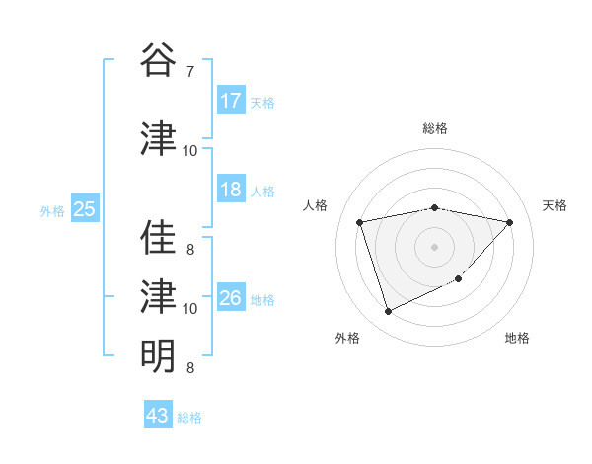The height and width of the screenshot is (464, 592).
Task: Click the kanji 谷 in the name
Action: [x=158, y=60]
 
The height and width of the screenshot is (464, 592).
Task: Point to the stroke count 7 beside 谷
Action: [x=189, y=72]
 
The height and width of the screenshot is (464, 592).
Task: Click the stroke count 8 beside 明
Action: [x=189, y=368]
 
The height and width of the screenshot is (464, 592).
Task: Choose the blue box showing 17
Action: [x=231, y=100]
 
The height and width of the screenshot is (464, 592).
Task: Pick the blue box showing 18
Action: [x=231, y=190]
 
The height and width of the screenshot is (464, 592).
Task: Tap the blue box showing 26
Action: [x=231, y=298]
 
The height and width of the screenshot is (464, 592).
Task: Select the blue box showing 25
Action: [x=84, y=209]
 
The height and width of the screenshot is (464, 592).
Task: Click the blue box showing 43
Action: [x=157, y=416]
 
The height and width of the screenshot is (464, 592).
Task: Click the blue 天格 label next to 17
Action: [x=262, y=102]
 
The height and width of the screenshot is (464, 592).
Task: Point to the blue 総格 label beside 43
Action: [x=189, y=418]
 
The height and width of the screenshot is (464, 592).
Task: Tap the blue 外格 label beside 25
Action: [x=52, y=210]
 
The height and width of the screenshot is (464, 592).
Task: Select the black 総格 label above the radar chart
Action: [x=434, y=128]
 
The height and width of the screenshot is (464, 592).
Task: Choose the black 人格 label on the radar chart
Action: [x=317, y=205]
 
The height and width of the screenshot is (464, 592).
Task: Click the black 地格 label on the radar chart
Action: [x=517, y=339]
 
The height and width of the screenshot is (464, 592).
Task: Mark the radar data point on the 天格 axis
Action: [x=509, y=222]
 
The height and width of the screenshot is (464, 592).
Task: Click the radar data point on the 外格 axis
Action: [x=388, y=312]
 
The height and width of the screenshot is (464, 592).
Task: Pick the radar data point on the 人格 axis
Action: [x=360, y=222]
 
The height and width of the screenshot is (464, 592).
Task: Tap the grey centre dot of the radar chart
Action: [x=434, y=247]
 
